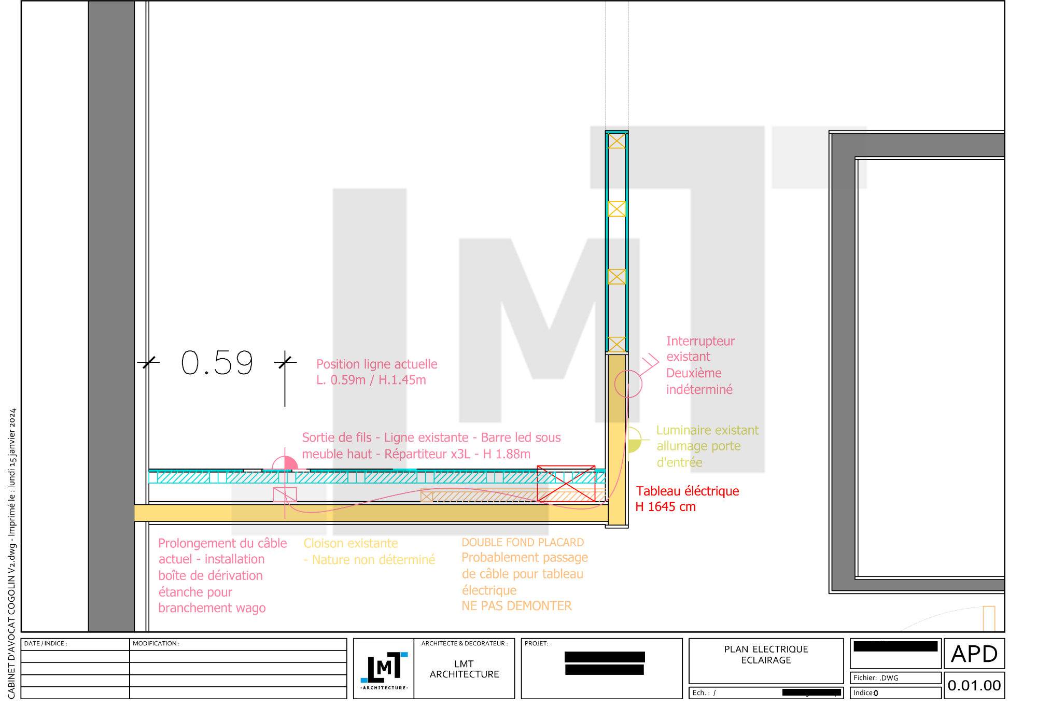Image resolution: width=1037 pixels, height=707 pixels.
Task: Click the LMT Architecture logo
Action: pyautogui.click(x=384, y=668)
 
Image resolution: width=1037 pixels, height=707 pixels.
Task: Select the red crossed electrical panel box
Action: pyautogui.click(x=566, y=484)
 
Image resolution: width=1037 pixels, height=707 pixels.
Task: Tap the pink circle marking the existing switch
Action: pyautogui.click(x=628, y=384)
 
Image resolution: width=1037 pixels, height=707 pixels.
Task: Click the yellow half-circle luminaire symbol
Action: pyautogui.click(x=634, y=440)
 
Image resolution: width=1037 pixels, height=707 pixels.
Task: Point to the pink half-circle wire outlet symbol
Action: pyautogui.click(x=285, y=463)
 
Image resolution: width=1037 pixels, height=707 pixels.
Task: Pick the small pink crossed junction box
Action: pyautogui.click(x=285, y=494)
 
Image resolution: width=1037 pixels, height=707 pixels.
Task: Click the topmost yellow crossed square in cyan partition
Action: pyautogui.click(x=616, y=141)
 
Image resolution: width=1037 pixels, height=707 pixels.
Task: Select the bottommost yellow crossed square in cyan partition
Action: pyautogui.click(x=616, y=344)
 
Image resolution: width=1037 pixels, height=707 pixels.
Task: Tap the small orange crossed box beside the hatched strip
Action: pyautogui.click(x=426, y=497)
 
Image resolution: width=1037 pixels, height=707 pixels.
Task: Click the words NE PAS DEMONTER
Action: pyautogui.click(x=516, y=606)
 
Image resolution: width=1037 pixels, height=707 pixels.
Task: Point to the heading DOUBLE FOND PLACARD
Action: pyautogui.click(x=523, y=542)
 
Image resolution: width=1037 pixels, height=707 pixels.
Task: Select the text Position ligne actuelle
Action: pyautogui.click(x=377, y=364)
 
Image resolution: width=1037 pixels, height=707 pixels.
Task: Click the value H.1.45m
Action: pyautogui.click(x=402, y=380)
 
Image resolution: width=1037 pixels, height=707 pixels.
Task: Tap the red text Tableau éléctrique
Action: pyautogui.click(x=688, y=491)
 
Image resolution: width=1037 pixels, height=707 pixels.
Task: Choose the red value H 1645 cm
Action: pyautogui.click(x=666, y=507)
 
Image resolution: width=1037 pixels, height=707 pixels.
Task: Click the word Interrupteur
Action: pyautogui.click(x=700, y=341)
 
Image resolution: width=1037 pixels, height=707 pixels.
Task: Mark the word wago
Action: pyautogui.click(x=250, y=608)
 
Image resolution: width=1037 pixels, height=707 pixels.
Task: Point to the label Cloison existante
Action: pyautogui.click(x=351, y=543)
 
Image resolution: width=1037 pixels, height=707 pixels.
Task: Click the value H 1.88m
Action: pyautogui.click(x=507, y=454)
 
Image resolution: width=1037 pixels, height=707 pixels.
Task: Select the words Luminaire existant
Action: pyautogui.click(x=707, y=430)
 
